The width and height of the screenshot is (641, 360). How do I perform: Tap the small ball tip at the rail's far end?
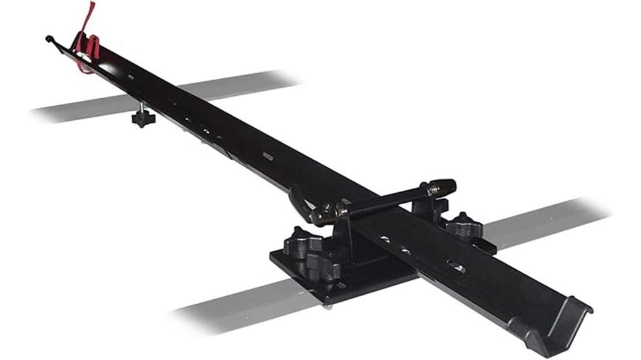(49, 39)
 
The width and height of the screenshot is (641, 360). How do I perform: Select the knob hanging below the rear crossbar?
(143, 117)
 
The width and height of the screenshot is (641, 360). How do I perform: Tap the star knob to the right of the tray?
(463, 225)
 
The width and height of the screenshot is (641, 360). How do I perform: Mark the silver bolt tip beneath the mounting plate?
(327, 305)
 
